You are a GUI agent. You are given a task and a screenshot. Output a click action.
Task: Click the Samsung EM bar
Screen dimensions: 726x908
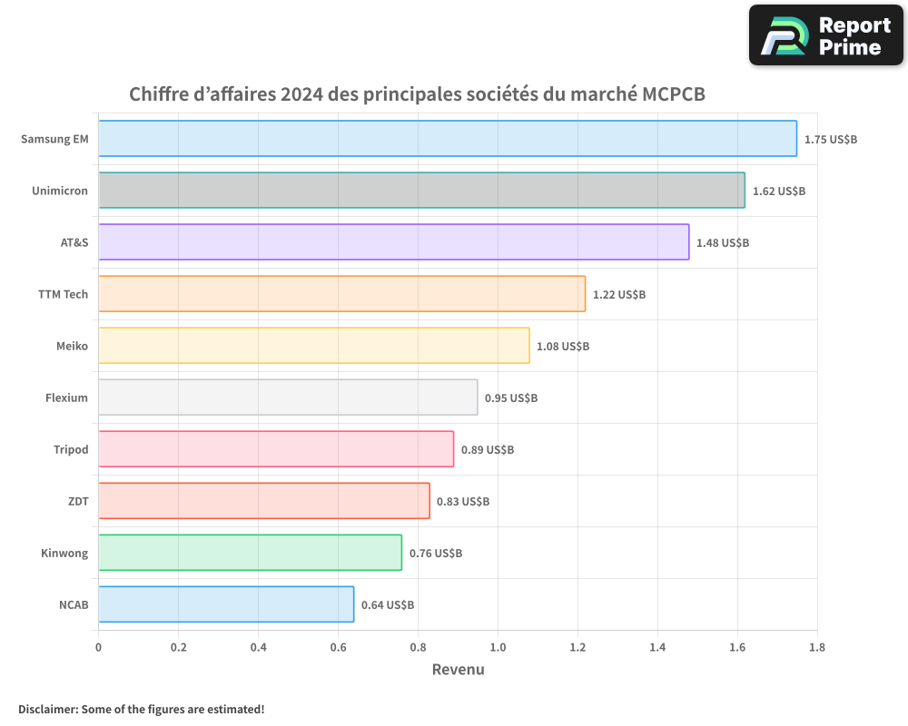point(447,139)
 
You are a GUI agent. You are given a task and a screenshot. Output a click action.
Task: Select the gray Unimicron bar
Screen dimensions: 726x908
point(421,191)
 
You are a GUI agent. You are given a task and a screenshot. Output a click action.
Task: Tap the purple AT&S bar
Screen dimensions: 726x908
point(393,242)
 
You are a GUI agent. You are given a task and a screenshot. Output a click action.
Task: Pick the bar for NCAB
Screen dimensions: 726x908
point(226,604)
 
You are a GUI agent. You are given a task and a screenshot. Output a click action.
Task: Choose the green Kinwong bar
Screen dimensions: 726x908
point(250,553)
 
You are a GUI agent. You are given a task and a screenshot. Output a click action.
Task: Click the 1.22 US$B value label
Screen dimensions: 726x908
point(619,295)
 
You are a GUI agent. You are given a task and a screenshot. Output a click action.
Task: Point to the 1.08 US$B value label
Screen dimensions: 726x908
point(563,347)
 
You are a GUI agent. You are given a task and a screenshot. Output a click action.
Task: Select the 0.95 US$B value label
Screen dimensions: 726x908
point(511,398)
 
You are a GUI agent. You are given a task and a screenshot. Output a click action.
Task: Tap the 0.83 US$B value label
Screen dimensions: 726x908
point(463,502)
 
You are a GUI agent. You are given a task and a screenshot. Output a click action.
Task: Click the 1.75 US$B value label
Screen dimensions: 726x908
point(831,140)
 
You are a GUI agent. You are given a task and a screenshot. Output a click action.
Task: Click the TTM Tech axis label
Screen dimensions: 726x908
point(63,295)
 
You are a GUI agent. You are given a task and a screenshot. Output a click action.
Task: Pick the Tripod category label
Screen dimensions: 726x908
point(71,450)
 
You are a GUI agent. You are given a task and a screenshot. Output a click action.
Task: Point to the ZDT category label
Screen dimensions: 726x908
point(79,502)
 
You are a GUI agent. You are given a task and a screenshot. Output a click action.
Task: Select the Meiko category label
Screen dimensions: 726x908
point(72,347)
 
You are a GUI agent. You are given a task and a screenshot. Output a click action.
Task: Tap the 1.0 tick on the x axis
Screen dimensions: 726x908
point(498,648)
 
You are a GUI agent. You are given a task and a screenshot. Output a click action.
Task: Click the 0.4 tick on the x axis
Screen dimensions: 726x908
point(258,648)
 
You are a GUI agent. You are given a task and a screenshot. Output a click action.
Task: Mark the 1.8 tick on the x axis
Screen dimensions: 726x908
point(816,648)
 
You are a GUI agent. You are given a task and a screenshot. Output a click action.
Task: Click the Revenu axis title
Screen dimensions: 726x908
point(458,670)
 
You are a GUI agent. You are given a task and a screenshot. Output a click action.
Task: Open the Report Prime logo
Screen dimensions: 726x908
point(825,35)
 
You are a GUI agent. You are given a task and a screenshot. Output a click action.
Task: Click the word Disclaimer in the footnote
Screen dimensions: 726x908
point(46,709)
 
